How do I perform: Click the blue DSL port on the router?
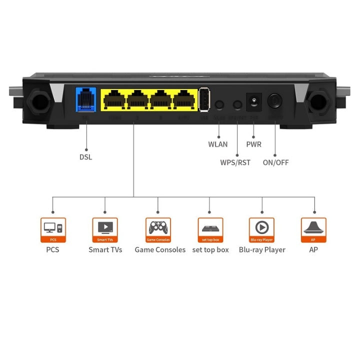pos(86,99)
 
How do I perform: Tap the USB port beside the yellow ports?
pos(203,99)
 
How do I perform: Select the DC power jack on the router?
pos(254,102)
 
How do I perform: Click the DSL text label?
pos(86,156)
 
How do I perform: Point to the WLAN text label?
pos(218,144)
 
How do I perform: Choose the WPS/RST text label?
pos(235,162)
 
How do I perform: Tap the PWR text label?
pos(253,144)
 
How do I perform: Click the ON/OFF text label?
pos(275,162)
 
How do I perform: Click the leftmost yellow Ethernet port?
pos(114,99)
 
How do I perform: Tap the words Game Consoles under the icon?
pos(160,249)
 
